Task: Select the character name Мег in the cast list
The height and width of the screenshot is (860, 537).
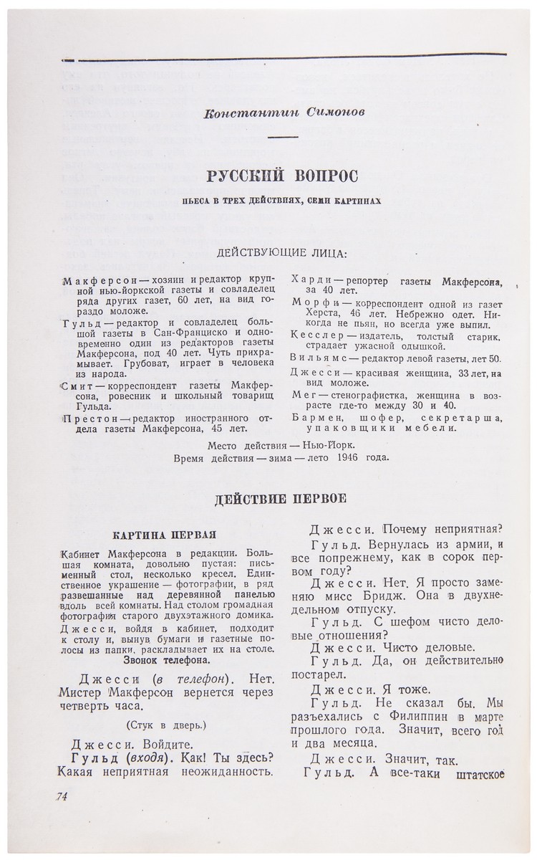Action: pyautogui.click(x=303, y=394)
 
